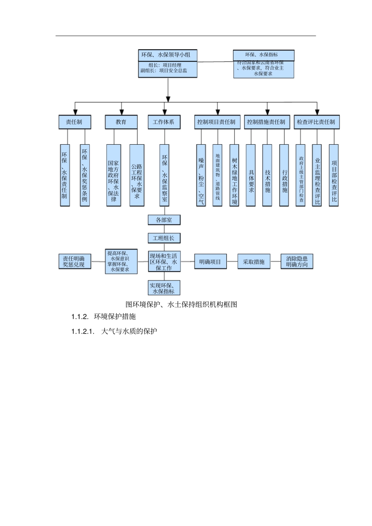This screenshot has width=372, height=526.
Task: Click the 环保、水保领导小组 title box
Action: click(x=168, y=55)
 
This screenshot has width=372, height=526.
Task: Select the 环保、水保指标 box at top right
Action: click(x=264, y=55)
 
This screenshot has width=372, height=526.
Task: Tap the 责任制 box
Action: click(x=75, y=122)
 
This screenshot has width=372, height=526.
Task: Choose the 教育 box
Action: click(x=121, y=122)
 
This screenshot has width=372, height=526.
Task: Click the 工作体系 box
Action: click(x=164, y=122)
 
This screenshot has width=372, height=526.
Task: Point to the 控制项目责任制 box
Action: click(x=217, y=122)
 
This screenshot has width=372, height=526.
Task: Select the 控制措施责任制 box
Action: click(x=267, y=122)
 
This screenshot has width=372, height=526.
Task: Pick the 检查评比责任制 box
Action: click(x=316, y=122)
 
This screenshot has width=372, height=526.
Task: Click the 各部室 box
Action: click(x=164, y=220)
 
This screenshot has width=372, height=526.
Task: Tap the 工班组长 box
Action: click(x=164, y=238)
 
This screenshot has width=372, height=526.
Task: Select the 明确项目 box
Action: click(x=210, y=262)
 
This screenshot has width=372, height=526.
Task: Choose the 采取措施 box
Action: click(x=254, y=262)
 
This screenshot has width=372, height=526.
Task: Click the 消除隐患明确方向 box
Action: click(x=297, y=262)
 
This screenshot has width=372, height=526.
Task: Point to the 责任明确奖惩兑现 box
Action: click(x=74, y=262)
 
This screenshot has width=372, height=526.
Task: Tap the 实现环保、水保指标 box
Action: click(x=164, y=288)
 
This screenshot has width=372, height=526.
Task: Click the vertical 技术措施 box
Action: click(x=267, y=176)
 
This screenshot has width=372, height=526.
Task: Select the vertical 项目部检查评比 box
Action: click(x=334, y=176)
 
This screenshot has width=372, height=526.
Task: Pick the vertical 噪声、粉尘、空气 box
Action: click(x=201, y=176)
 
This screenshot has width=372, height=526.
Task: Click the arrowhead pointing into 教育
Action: click(x=122, y=112)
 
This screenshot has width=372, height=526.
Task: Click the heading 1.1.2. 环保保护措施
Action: click(x=103, y=316)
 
